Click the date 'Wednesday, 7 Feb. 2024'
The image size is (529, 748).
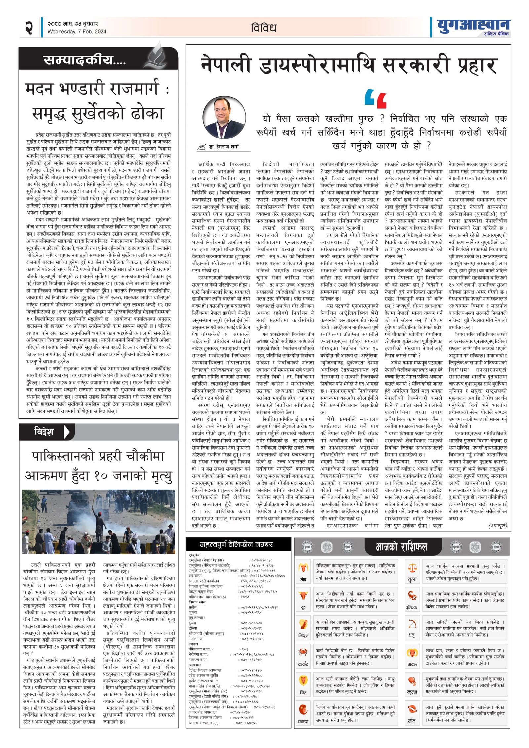(x=77, y=32)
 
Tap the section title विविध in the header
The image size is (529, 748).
(x=264, y=28)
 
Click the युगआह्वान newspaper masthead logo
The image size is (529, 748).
(x=473, y=26)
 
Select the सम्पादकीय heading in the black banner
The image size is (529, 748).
(x=85, y=60)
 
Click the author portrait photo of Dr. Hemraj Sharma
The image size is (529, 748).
(x=224, y=118)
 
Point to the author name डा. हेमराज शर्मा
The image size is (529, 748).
(x=224, y=146)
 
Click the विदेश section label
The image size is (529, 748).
(x=44, y=432)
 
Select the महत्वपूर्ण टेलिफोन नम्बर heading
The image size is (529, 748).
(x=236, y=544)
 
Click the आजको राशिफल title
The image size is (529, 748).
(x=401, y=547)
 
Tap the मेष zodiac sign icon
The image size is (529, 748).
(x=303, y=569)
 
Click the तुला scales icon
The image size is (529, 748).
(x=412, y=569)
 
